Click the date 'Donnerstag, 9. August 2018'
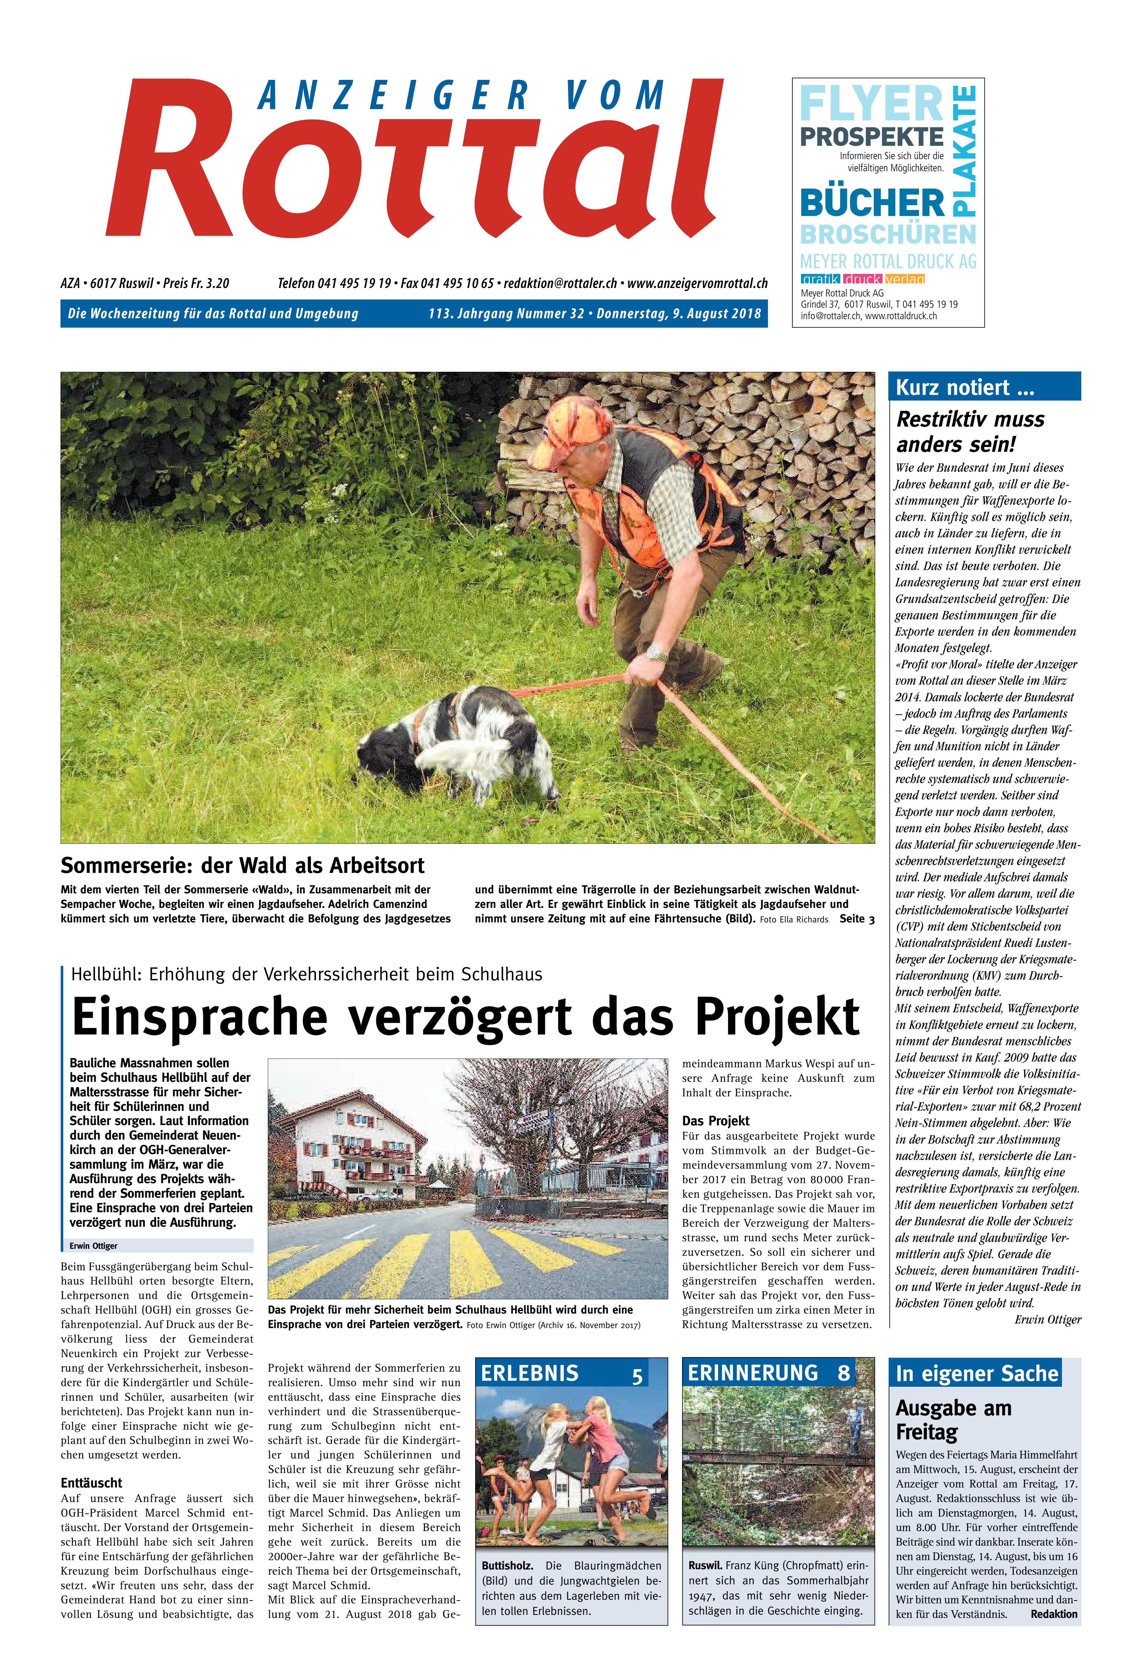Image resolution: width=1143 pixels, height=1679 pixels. pyautogui.click(x=679, y=313)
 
